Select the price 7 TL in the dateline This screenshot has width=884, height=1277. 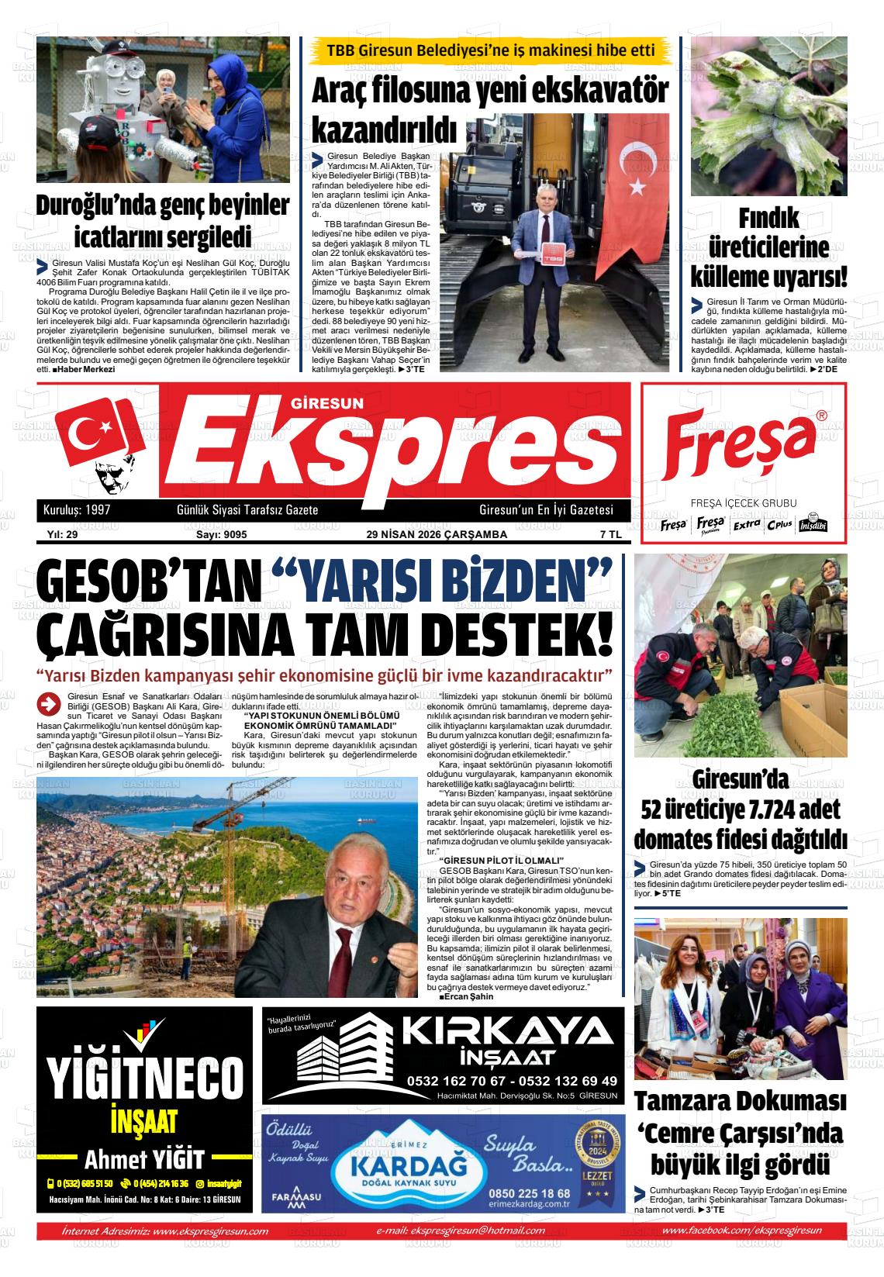[x=610, y=534]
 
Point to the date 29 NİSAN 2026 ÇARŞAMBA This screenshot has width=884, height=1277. [x=437, y=534]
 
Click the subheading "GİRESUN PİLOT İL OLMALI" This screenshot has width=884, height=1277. [x=500, y=861]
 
